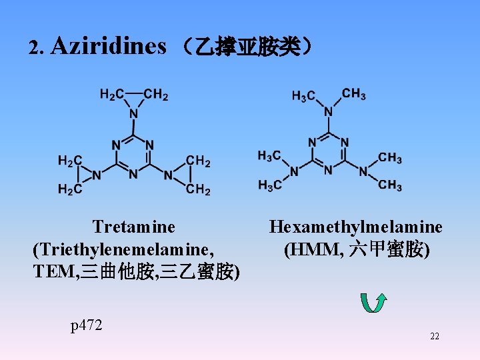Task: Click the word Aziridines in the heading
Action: pos(108,46)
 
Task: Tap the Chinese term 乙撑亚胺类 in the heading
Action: pos(245,47)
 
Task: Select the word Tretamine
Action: pos(134,227)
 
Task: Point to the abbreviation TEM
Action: pos(55,272)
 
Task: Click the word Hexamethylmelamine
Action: pos(355,227)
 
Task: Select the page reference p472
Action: pos(87,325)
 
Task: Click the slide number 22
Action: pos(435,337)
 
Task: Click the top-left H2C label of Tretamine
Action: pos(111,95)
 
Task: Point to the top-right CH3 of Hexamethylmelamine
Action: pos(354,94)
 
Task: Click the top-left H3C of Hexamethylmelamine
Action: pos(303,97)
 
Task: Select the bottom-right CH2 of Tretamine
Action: pos(199,191)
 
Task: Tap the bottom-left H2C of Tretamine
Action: pos(69,190)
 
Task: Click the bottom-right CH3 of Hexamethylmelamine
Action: pos(390,185)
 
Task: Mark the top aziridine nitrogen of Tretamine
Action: pos(133,114)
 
